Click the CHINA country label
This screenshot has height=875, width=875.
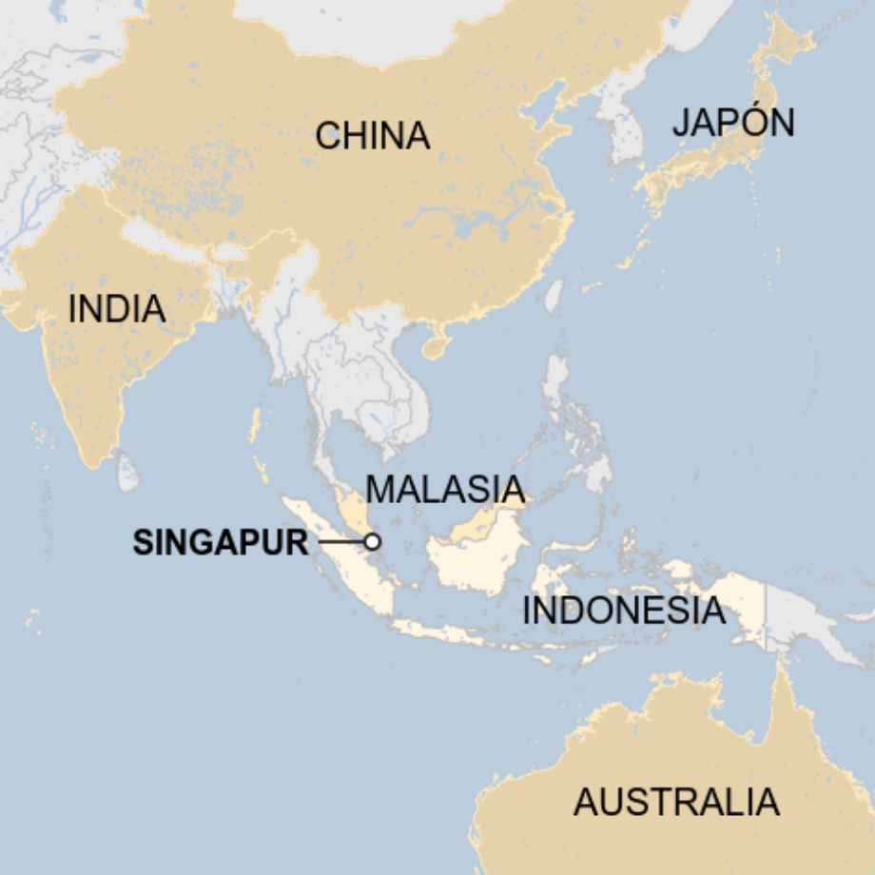372,136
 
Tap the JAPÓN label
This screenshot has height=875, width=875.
732,123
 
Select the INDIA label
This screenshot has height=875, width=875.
117,309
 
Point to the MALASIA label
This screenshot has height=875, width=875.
445,490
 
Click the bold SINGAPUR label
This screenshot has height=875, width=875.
221,542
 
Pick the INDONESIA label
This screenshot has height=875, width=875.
623,611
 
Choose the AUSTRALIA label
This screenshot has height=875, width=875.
675,803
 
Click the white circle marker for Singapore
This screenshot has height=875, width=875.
373,541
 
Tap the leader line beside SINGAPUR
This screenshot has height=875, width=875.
340,541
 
